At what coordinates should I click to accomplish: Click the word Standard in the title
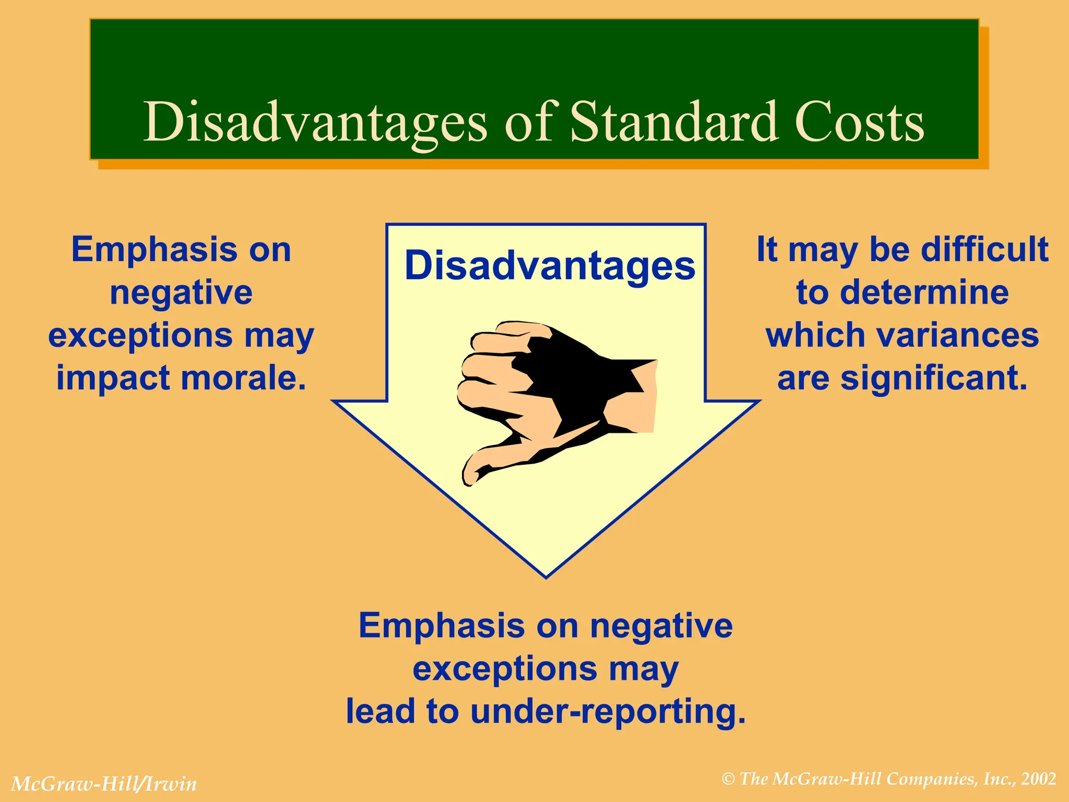(673, 122)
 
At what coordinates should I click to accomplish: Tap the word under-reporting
(608, 711)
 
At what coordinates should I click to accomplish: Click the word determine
(925, 292)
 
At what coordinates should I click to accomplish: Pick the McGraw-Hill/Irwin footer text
(104, 784)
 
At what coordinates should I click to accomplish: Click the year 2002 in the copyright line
(1039, 779)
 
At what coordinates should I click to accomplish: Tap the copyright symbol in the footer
(729, 779)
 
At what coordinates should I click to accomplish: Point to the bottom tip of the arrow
(546, 576)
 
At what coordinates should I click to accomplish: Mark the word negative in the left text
(181, 292)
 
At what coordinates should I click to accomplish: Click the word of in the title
(528, 122)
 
